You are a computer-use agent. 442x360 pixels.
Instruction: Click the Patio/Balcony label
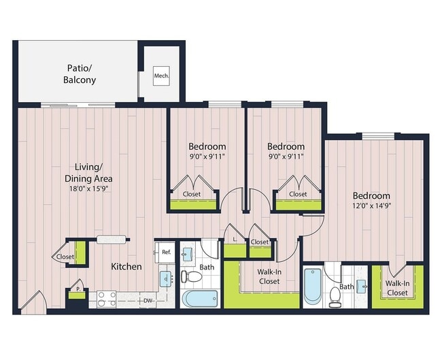(x=81, y=74)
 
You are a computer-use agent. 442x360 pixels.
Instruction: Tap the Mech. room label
(x=161, y=75)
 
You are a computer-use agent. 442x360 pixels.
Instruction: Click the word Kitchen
(x=126, y=266)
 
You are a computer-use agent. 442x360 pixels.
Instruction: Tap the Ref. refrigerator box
(x=165, y=252)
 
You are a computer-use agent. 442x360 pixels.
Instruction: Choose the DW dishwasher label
(x=147, y=300)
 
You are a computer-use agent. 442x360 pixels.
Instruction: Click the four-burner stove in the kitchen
(x=106, y=299)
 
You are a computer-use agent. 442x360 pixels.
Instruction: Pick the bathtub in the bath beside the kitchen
(x=201, y=298)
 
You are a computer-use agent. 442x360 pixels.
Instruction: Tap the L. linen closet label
(x=235, y=240)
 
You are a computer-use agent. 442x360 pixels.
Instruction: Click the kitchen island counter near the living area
(x=112, y=239)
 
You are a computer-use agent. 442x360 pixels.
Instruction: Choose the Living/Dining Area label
(x=89, y=172)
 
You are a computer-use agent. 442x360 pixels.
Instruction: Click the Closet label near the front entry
(x=65, y=257)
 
